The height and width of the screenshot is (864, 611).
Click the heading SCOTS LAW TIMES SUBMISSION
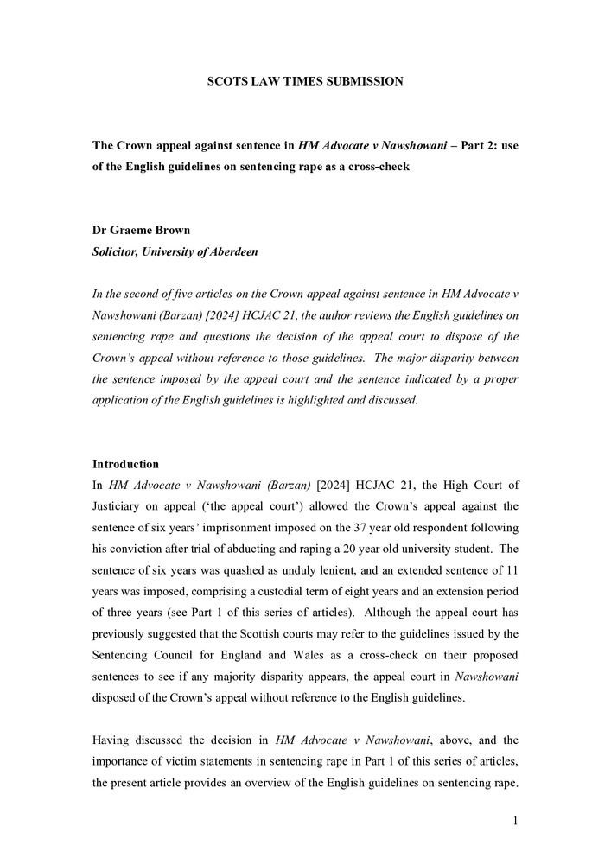click(305, 81)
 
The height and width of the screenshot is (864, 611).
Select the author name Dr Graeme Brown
click(141, 230)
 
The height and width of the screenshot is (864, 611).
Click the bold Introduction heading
click(125, 464)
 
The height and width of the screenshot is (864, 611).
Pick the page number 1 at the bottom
click(514, 821)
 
